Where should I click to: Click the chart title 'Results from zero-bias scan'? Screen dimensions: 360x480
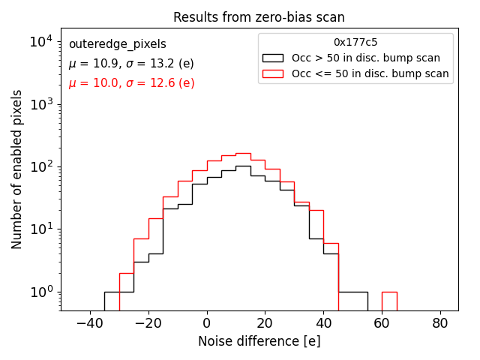coord(259,17)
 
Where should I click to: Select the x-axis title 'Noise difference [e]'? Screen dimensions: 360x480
coord(259,341)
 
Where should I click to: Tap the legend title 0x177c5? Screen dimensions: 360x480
coord(355,43)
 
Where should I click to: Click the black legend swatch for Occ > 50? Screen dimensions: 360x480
coord(272,58)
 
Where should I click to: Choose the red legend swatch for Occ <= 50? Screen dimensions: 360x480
coord(272,73)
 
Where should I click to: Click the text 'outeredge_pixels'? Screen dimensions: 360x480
coord(117,44)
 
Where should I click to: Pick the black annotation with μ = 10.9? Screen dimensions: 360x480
coord(131,64)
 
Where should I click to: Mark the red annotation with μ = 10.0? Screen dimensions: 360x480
coord(131,83)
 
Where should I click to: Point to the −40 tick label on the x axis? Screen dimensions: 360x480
coord(90,323)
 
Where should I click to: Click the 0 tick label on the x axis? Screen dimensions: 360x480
coord(207,323)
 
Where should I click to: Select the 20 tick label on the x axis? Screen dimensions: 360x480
coord(265,323)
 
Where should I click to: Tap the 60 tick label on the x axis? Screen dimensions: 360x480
coord(382,323)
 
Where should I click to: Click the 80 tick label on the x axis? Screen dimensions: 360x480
coord(441,323)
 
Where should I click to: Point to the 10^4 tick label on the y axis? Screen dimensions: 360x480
coord(41,42)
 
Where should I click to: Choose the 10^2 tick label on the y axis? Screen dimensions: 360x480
coord(41,166)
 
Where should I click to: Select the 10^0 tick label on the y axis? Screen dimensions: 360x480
coord(41,292)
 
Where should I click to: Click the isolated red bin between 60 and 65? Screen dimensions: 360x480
coord(389,301)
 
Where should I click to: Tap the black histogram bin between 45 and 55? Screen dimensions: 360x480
coord(353,301)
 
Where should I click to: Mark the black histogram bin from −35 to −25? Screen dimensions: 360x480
coord(119,301)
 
